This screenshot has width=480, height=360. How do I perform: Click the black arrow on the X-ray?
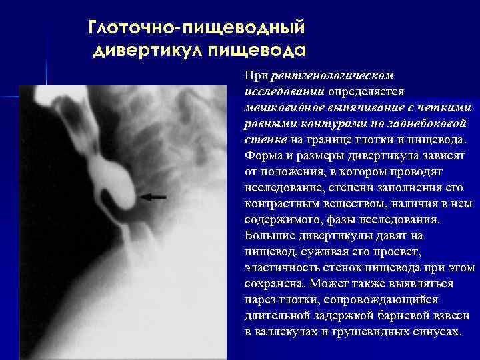(x=153, y=197)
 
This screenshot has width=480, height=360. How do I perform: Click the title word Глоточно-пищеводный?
(x=197, y=29)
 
